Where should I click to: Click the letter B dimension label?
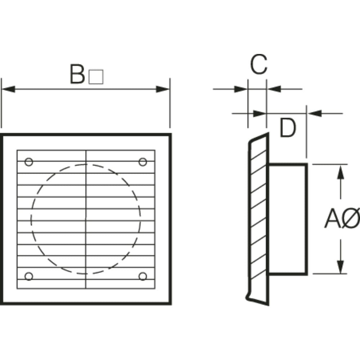77,74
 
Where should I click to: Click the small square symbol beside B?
96,77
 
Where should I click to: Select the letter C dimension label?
258,65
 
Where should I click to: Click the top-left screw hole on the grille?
29,162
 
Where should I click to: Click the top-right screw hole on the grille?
143,162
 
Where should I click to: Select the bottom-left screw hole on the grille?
29,276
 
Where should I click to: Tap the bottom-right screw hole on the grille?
143,276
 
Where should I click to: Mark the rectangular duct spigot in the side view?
288,219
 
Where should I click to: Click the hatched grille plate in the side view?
258,216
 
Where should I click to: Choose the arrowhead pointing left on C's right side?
274,89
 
